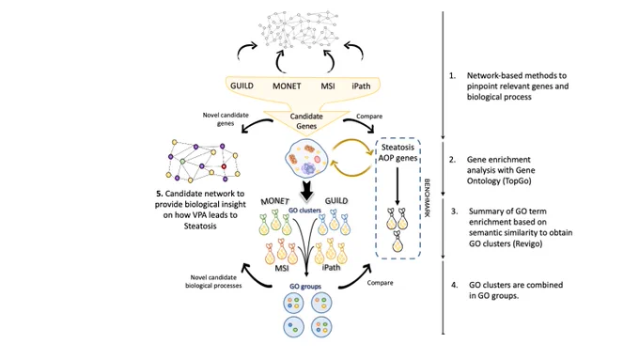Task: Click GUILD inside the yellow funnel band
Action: pyautogui.click(x=242, y=86)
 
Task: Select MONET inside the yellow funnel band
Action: pyautogui.click(x=287, y=86)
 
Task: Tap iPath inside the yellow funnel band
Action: pyautogui.click(x=361, y=86)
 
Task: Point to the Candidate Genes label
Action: pyautogui.click(x=306, y=121)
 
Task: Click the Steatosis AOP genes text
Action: pyautogui.click(x=397, y=152)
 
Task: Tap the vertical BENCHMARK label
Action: pyautogui.click(x=427, y=197)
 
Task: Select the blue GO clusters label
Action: pyautogui.click(x=304, y=211)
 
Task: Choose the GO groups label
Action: pyautogui.click(x=305, y=287)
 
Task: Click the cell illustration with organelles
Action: pyautogui.click(x=306, y=159)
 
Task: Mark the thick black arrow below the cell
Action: pyautogui.click(x=307, y=190)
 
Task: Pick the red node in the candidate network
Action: pyautogui.click(x=224, y=166)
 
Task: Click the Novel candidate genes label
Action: pyautogui.click(x=226, y=119)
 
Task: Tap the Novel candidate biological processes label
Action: pyautogui.click(x=213, y=281)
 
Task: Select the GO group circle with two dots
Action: pyautogui.click(x=294, y=326)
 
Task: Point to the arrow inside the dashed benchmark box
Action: pyautogui.click(x=397, y=185)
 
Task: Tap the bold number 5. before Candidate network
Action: pyautogui.click(x=160, y=194)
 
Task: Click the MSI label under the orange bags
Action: pyautogui.click(x=282, y=268)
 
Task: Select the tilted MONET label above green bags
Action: pyautogui.click(x=274, y=201)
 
